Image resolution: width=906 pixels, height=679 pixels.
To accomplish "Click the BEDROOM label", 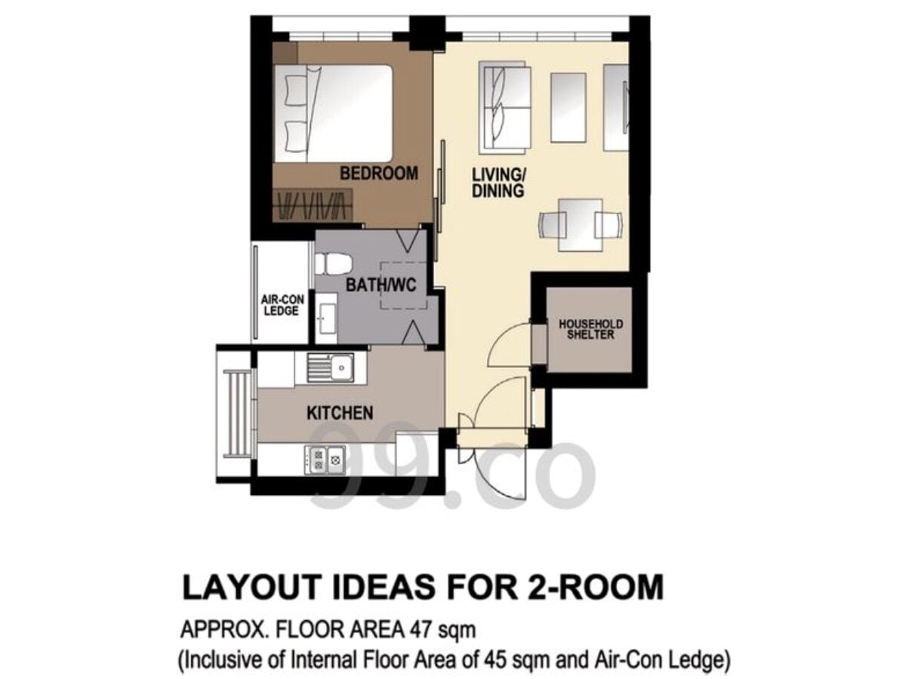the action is pyautogui.click(x=378, y=174).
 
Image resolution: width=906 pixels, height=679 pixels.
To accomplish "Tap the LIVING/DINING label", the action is pyautogui.click(x=498, y=183).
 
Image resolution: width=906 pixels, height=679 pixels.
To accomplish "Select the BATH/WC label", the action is pyautogui.click(x=381, y=285).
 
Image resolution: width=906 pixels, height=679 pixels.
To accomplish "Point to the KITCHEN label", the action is pyautogui.click(x=340, y=413).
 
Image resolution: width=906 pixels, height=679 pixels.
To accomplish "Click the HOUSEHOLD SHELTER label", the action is pyautogui.click(x=590, y=330).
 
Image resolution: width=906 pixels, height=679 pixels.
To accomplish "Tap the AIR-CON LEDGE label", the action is pyautogui.click(x=282, y=305).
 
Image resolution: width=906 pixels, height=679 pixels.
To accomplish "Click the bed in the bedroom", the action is pyautogui.click(x=333, y=113).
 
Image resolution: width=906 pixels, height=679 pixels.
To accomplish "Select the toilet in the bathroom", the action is pyautogui.click(x=333, y=264).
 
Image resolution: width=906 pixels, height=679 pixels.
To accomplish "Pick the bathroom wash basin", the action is pyautogui.click(x=327, y=318).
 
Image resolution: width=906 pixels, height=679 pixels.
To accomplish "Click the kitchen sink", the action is pyautogui.click(x=330, y=367).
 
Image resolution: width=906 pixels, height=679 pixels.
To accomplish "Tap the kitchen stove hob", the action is pyautogui.click(x=325, y=459).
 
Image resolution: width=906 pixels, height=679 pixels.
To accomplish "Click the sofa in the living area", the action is pyautogui.click(x=504, y=108).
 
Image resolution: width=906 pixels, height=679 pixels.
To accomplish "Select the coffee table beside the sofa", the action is pyautogui.click(x=569, y=108).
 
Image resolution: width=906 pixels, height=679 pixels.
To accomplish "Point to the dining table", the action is pyautogui.click(x=580, y=225).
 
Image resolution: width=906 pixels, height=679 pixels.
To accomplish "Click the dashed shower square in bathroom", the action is pyautogui.click(x=403, y=285).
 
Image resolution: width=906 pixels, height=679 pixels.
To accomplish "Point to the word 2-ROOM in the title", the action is pyautogui.click(x=593, y=587).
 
